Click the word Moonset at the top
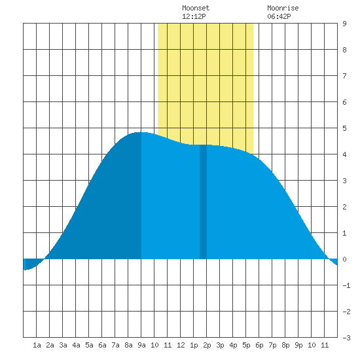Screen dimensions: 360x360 coord(196,8)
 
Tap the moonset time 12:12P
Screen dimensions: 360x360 coord(194,16)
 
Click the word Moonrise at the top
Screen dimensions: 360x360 coord(283,8)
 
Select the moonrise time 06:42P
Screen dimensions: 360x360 coord(279,16)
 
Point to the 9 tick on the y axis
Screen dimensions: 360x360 coord(344,24)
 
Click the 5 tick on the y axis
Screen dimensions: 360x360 coord(344,128)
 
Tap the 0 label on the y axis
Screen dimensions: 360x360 coord(344,259)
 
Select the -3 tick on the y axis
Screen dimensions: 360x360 coord(346,338)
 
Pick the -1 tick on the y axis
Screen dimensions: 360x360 coord(346,285)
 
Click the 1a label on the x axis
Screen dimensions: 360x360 coord(37,345)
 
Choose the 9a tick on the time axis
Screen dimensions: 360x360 coord(141,345)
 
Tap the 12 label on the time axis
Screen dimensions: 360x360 coord(181,345)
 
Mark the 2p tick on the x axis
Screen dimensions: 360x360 coord(207,345)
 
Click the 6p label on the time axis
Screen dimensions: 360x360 coord(259,345)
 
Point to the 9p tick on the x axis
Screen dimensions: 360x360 coord(298,345)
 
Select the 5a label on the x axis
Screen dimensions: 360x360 coord(89,345)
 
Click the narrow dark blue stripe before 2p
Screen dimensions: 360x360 coord(203,202)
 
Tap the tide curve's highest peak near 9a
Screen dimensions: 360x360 coord(141,132)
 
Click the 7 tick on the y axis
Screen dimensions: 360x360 coord(344,76)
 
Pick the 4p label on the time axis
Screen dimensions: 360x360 coord(233,345)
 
